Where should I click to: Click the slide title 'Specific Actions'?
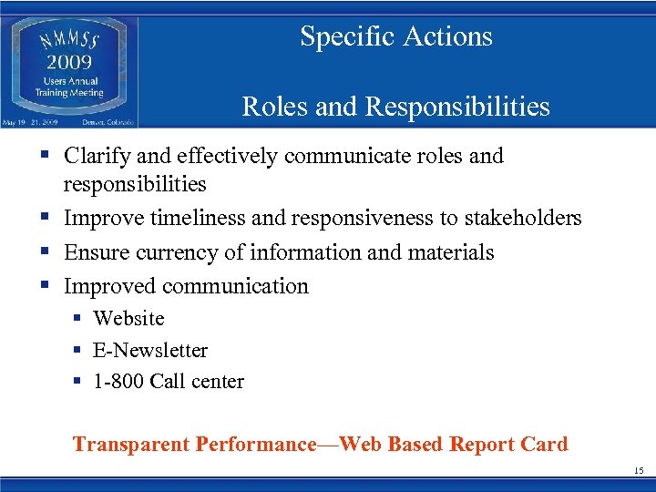396,36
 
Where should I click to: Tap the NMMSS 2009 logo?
69,67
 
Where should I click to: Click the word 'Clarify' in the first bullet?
96,157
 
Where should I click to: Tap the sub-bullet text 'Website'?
128,319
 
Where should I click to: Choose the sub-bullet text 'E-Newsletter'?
150,351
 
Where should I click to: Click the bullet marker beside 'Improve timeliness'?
45,219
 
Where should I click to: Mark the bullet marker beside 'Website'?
77,319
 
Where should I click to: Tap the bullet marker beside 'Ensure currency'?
45,252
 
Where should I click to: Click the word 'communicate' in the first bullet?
336,157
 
